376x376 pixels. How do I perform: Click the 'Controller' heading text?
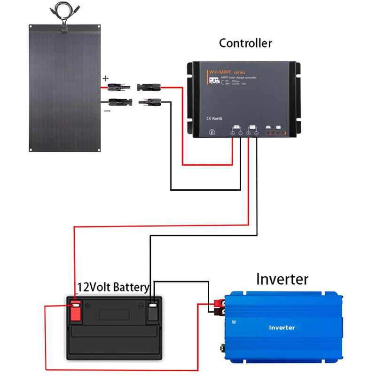[245, 43]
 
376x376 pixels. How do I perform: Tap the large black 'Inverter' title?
[282, 279]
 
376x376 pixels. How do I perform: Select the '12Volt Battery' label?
[113, 287]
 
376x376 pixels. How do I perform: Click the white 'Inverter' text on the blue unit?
[282, 327]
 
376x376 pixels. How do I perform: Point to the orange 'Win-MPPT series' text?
[227, 72]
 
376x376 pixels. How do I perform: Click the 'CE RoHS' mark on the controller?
[214, 118]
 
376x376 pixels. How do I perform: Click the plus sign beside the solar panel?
[106, 78]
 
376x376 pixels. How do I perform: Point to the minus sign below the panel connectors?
[107, 111]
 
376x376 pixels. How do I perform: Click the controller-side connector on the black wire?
[150, 101]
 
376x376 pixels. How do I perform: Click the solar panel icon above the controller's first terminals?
[236, 127]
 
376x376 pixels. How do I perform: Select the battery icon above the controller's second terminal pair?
[252, 127]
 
